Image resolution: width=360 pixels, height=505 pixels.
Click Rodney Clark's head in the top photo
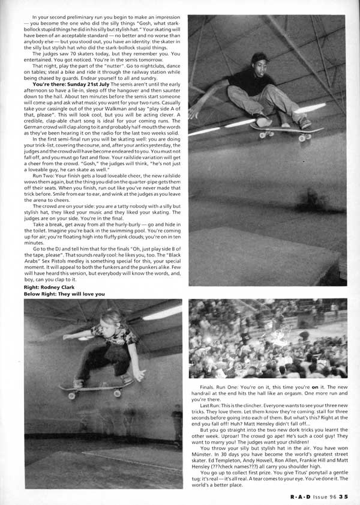click(259, 60)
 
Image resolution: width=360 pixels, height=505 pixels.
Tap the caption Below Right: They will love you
click(64, 294)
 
